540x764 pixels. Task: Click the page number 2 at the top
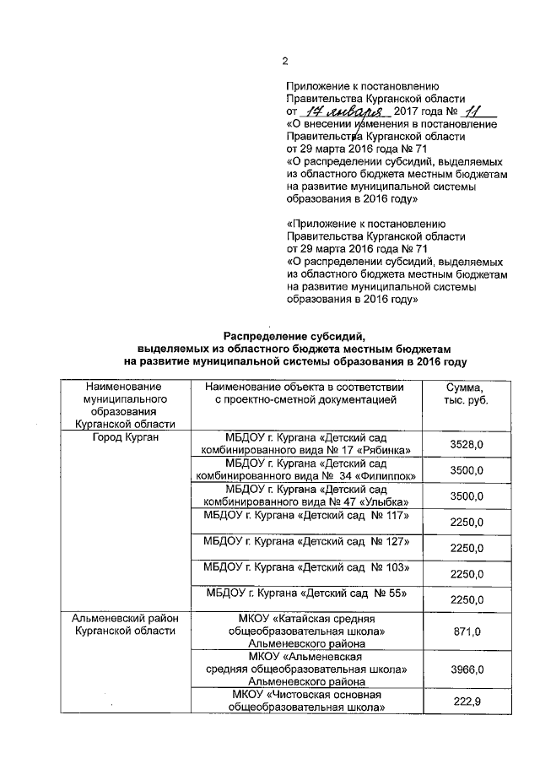coord(285,61)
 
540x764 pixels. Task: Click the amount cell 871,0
coord(466,631)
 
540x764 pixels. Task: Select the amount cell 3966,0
coord(466,669)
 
